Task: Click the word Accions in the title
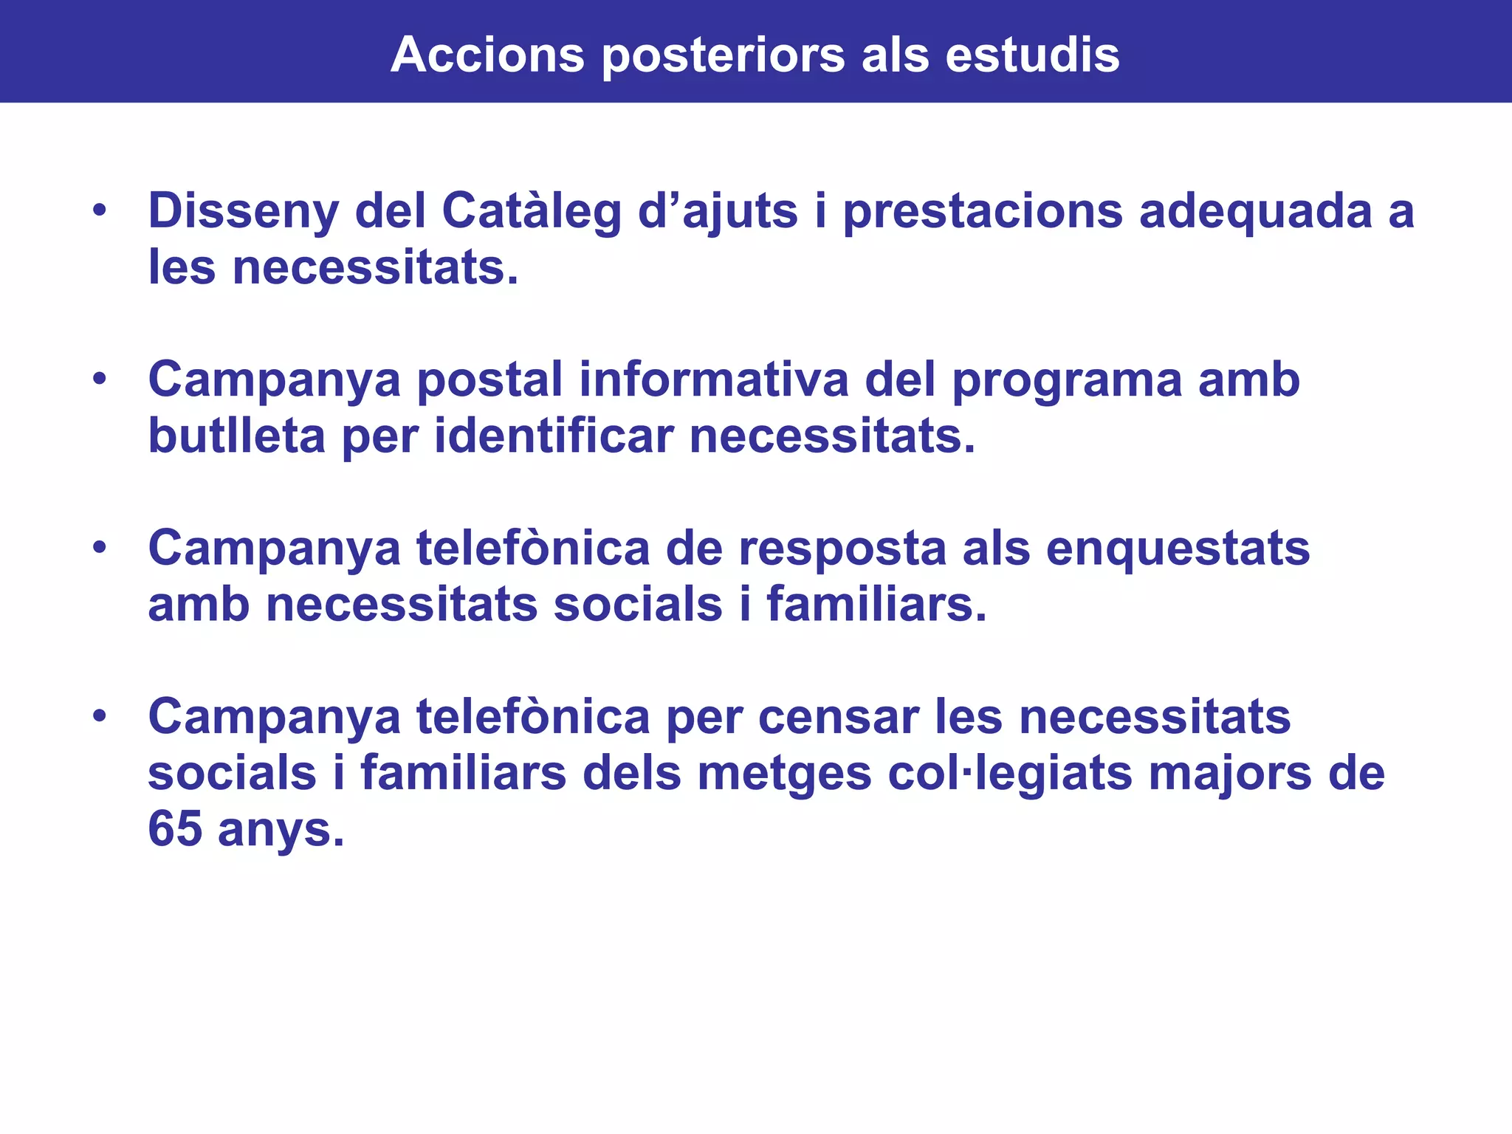(487, 55)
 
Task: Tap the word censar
(839, 718)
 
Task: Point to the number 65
(175, 830)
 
